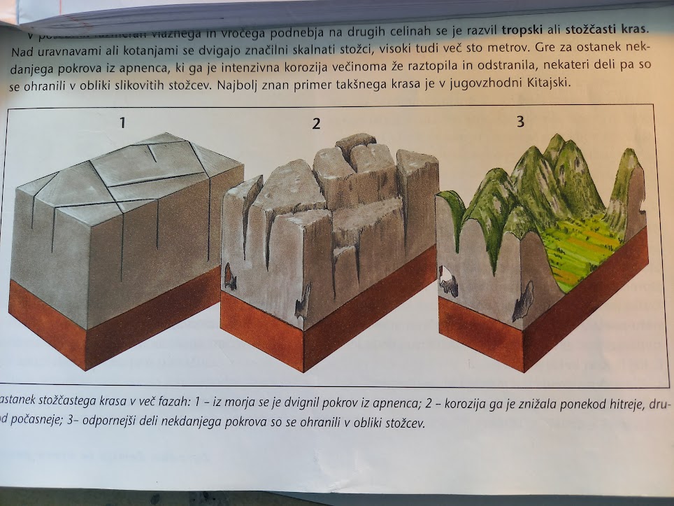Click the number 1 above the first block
tap(122, 123)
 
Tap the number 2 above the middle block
tap(316, 124)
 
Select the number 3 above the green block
tap(519, 120)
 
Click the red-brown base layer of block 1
tap(105, 329)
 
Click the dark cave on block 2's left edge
tap(230, 276)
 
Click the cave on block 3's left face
tap(447, 283)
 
